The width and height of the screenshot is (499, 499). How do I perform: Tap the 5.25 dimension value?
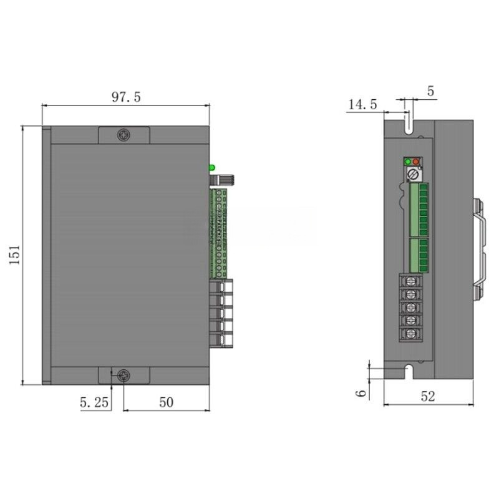tap(94, 403)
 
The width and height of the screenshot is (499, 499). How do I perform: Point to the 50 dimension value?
tap(166, 403)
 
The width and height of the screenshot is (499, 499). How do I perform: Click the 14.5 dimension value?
tap(362, 105)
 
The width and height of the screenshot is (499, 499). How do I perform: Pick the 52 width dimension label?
tap(427, 396)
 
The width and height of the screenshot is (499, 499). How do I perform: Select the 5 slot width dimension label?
tap(430, 91)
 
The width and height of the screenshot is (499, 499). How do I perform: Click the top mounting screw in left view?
tap(124, 134)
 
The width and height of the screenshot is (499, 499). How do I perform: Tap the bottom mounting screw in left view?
tap(124, 375)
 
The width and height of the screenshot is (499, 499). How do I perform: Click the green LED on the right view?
tap(409, 162)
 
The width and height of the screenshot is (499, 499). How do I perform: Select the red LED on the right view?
tap(417, 162)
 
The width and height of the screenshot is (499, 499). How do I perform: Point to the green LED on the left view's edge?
tap(212, 167)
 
